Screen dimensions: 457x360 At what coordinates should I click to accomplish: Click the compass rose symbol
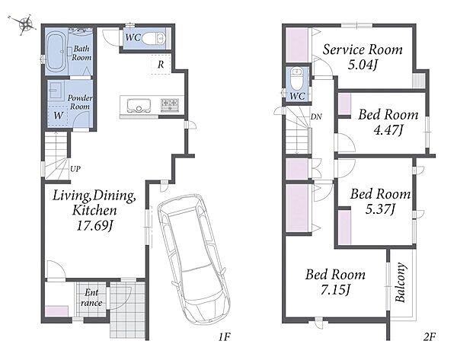pos(26,24)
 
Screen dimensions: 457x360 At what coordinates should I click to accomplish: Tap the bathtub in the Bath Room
pos(56,52)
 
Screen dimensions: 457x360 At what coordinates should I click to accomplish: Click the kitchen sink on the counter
pos(139,106)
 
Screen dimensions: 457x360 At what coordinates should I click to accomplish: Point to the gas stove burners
pos(170,105)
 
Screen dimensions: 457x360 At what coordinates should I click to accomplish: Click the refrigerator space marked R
pos(161,65)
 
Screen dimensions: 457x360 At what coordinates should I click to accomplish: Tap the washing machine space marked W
pos(58,116)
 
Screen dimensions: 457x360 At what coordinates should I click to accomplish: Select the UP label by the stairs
pos(75,169)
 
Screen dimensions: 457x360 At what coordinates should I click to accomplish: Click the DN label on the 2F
pos(316,116)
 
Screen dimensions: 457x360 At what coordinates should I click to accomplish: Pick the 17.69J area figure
pos(94,225)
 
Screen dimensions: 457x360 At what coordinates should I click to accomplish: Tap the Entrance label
pos(91,298)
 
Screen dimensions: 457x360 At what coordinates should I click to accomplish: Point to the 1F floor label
pos(225,337)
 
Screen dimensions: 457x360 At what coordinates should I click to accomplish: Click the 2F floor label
pos(429,337)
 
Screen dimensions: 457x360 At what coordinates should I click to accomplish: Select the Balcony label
pos(401,282)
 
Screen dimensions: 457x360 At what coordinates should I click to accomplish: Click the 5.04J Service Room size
pos(363,65)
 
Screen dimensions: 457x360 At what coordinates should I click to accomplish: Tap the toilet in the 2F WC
pos(297,79)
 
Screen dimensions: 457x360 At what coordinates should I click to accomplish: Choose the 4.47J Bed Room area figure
pos(388,130)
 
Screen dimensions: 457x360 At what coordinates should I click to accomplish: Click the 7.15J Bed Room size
pos(335,290)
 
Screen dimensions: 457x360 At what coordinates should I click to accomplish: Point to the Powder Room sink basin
pos(56,91)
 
